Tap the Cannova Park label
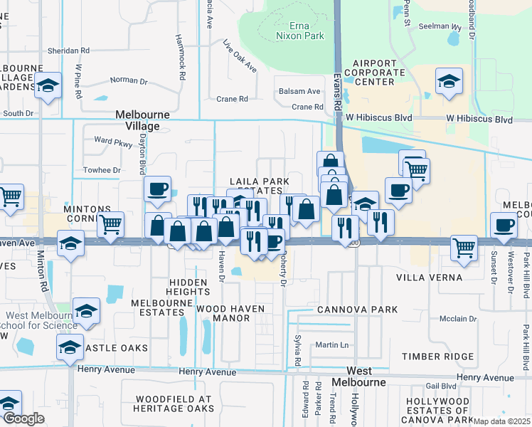point(347,309)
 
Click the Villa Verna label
point(429,277)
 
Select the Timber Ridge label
point(437,357)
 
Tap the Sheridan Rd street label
point(68,51)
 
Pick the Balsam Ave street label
point(299,91)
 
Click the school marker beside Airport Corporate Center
point(449,82)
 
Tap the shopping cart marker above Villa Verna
point(464,248)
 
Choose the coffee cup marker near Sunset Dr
point(505,224)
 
